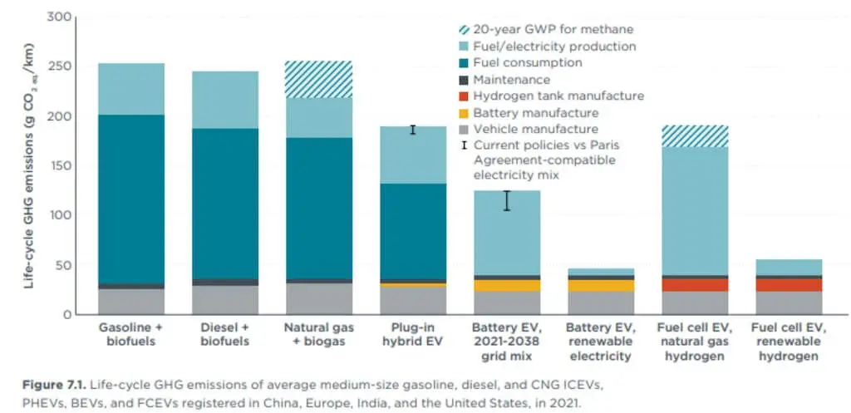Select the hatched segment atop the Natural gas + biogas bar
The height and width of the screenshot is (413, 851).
tap(318, 80)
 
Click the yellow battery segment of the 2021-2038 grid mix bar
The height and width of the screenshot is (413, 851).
tap(506, 285)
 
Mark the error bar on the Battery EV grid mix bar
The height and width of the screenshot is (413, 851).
tap(506, 200)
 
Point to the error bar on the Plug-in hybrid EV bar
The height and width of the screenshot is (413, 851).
tap(412, 130)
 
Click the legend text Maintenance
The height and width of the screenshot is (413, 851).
tap(511, 80)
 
